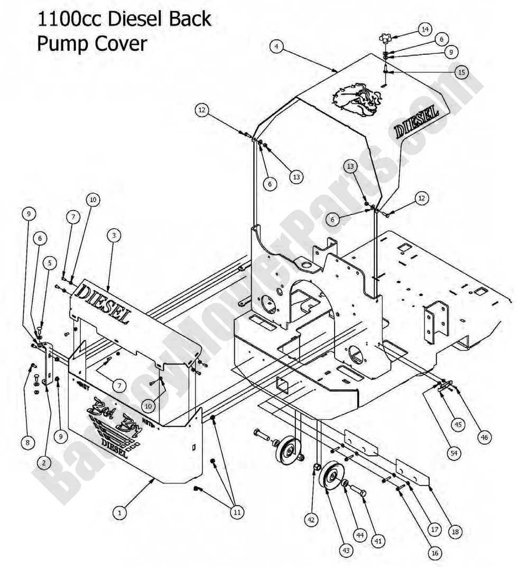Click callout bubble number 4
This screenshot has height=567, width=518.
pos(276,46)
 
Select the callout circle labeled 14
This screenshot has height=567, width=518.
pos(425,29)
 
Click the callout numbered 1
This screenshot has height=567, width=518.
pos(120,511)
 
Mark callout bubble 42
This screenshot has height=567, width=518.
pos(311,519)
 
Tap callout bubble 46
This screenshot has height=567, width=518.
pos(484,437)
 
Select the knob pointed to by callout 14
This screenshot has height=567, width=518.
pos(386,39)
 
